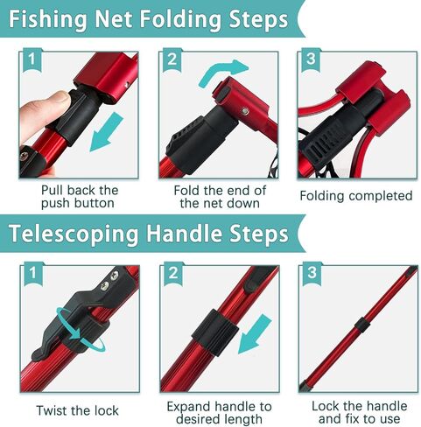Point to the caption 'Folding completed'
(355, 196)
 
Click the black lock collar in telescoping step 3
(361, 327)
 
